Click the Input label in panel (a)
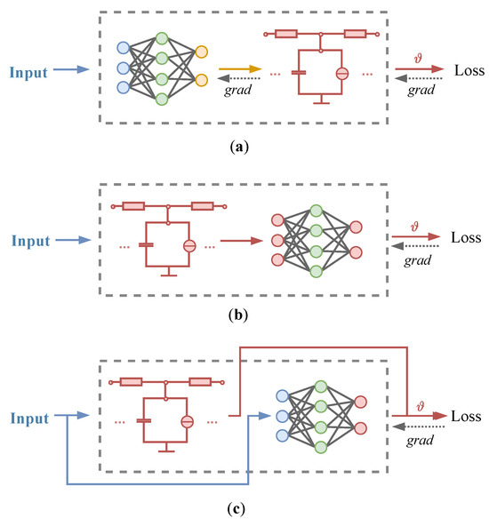pyautogui.click(x=30, y=69)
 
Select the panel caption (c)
pyautogui.click(x=244, y=510)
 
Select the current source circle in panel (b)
pyautogui.click(x=188, y=246)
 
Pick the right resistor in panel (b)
pyautogui.click(x=200, y=206)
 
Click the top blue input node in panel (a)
pyautogui.click(x=124, y=47)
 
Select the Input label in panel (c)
pyautogui.click(x=30, y=416)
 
